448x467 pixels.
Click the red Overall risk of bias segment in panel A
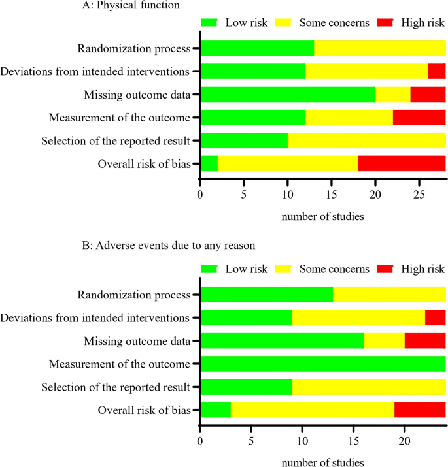click(402, 164)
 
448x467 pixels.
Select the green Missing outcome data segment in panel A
click(288, 95)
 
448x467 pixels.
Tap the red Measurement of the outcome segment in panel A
click(419, 118)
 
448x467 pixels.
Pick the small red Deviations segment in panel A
click(437, 71)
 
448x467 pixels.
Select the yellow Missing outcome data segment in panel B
click(384, 341)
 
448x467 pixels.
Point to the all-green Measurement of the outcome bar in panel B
click(323, 364)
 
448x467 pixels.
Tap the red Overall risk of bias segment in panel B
click(420, 410)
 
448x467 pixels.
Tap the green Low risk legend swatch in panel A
click(210, 23)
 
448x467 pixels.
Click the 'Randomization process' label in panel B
click(134, 295)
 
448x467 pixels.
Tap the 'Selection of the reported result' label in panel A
click(116, 141)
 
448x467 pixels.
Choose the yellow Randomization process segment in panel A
click(380, 48)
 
